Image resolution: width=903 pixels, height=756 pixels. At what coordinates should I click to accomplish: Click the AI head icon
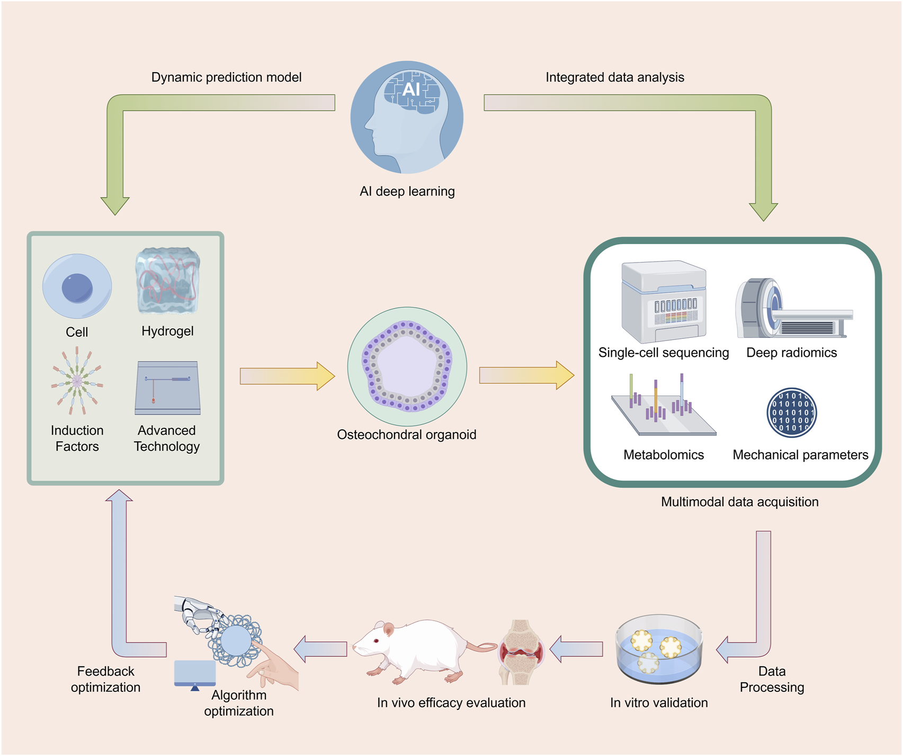pos(407,118)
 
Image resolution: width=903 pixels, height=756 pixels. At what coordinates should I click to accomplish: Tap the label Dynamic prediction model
pos(226,77)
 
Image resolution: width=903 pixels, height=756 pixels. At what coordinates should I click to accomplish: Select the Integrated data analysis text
pos(614,77)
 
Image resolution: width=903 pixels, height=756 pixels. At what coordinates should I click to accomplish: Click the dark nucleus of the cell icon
pos(77,287)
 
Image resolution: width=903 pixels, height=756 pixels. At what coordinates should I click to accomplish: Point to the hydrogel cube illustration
pos(167,282)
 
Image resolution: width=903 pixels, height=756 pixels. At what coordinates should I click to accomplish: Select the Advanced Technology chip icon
pos(167,388)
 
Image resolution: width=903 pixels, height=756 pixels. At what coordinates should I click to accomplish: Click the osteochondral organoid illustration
pos(407,366)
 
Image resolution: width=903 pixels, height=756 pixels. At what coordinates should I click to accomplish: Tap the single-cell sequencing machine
pos(664,302)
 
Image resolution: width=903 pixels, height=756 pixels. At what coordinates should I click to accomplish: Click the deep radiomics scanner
pos(792,309)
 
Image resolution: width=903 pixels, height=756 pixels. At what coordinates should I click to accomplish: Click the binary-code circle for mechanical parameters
pos(791,413)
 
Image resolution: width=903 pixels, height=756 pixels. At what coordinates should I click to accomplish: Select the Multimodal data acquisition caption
pos(739,502)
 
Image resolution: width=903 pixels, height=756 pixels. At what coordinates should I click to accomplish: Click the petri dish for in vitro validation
pos(659,650)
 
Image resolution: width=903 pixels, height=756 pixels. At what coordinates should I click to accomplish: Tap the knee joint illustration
pos(521,652)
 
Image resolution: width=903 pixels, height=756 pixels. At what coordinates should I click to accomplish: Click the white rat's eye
pos(377,641)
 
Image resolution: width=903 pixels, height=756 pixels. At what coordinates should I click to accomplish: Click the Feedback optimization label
pos(105,679)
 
